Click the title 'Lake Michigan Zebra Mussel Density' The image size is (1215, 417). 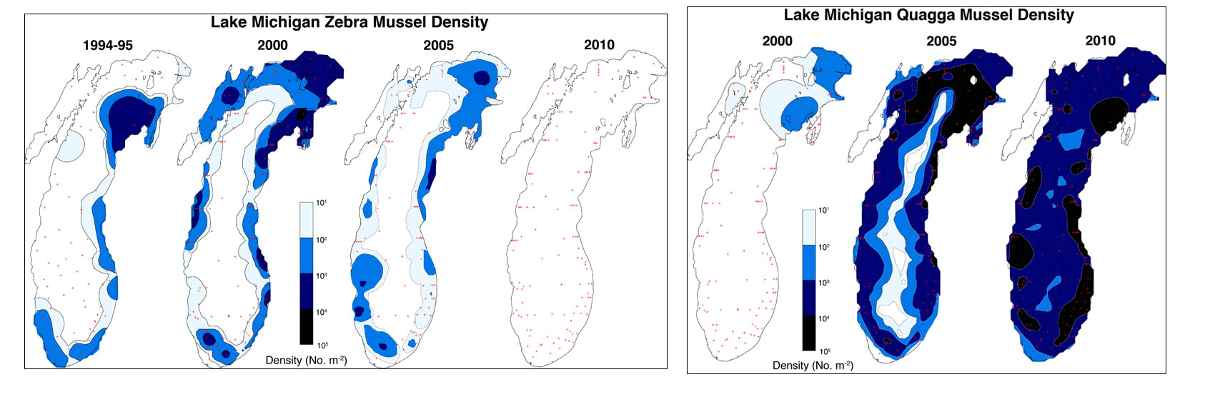pos(349,22)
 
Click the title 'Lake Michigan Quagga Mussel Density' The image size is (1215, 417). pos(928,15)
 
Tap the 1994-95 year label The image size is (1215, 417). pos(108,45)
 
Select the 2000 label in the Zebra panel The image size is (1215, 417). pos(272,45)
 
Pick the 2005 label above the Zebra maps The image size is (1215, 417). pos(438,45)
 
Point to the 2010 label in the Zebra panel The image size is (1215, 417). pos(599,45)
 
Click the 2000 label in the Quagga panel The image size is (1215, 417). pos(777,41)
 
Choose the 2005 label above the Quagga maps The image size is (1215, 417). pos(941,41)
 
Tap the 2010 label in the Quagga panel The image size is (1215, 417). pos(1100,41)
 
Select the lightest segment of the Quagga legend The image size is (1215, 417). pos(809,227)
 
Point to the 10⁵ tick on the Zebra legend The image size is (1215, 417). pos(322,346)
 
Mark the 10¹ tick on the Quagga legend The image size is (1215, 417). pos(823,211)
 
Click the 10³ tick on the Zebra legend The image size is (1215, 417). pos(322,276)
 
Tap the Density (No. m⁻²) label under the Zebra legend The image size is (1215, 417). pos(306,361)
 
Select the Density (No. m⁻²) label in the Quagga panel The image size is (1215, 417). pos(813,366)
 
